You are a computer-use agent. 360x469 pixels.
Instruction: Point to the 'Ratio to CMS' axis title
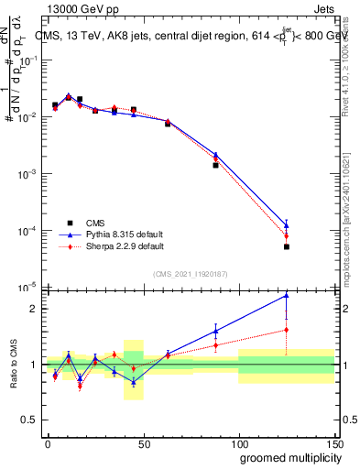16,365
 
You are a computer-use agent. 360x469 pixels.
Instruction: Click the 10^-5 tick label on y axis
27,288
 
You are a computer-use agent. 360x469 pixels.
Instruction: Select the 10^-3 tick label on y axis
27,174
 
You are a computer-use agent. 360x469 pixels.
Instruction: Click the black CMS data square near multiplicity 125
287,246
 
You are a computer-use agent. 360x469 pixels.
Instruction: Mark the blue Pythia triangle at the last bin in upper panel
287,224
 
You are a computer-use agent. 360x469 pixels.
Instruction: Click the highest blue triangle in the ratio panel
287,295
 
